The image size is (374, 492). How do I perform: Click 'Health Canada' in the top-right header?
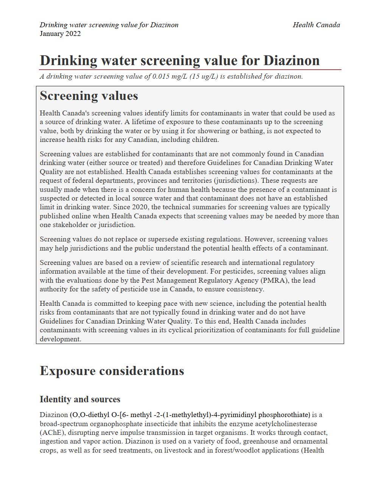point(316,25)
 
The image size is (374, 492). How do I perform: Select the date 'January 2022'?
point(60,34)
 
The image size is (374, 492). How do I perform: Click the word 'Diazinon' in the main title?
point(291,61)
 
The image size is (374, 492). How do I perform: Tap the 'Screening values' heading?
point(89,96)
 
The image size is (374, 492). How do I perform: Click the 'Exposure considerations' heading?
point(112,371)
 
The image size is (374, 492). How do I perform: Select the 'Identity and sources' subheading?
point(80,399)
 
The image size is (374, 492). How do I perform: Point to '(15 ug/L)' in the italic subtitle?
point(203,76)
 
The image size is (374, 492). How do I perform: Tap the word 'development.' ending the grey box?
point(61,339)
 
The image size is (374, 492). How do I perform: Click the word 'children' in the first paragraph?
point(205,140)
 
